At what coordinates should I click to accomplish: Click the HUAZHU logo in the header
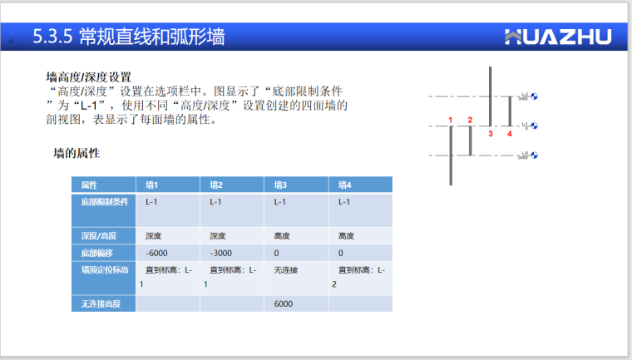click(x=558, y=37)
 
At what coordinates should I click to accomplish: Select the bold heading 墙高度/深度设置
click(x=89, y=77)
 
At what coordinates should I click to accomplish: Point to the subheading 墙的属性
click(x=77, y=153)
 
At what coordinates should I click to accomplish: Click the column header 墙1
click(x=152, y=185)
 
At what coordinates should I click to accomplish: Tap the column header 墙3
click(x=280, y=185)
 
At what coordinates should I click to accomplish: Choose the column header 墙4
click(x=345, y=185)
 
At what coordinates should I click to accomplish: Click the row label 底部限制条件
click(x=105, y=202)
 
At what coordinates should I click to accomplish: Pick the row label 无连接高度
click(x=101, y=304)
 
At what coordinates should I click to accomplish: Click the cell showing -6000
click(x=156, y=253)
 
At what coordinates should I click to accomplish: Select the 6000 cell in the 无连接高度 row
click(x=283, y=304)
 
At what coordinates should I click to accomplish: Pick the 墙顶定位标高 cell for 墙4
click(x=359, y=277)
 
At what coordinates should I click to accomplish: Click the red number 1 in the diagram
click(x=451, y=121)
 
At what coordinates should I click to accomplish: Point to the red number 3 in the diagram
click(x=491, y=133)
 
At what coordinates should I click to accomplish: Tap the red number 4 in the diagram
click(x=510, y=133)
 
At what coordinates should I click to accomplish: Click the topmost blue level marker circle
click(x=535, y=97)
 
